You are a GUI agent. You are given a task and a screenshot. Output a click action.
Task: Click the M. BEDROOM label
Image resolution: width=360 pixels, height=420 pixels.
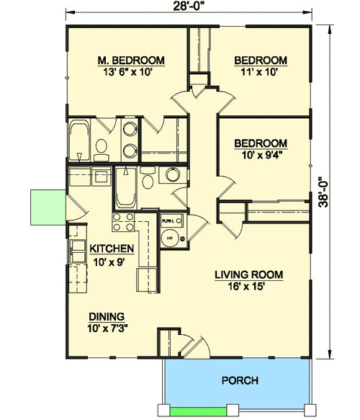point(131,60)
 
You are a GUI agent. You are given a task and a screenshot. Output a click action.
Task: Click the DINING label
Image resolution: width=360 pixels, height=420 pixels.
point(107,316)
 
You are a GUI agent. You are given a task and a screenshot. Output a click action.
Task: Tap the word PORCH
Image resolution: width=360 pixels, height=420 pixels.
point(240,380)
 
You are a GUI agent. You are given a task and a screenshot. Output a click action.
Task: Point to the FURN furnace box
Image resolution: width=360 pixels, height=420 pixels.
point(169,221)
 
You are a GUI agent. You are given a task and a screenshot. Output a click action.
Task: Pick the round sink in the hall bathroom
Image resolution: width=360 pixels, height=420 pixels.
point(172,175)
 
